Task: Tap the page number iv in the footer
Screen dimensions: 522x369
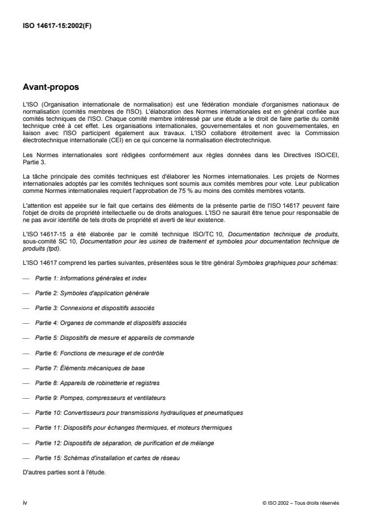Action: click(x=25, y=502)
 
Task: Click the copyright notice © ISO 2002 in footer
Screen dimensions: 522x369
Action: click(x=300, y=502)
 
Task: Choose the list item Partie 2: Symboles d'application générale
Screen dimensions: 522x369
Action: click(x=92, y=293)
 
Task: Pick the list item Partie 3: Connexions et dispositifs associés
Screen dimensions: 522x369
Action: click(x=94, y=308)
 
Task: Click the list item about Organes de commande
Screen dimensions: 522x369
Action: click(x=110, y=323)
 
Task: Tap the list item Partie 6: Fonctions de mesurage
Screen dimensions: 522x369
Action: click(x=99, y=353)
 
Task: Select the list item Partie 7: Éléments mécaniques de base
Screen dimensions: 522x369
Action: click(x=90, y=368)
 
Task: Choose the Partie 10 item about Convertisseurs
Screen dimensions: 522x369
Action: click(x=139, y=412)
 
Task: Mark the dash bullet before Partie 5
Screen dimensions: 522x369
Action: click(x=26, y=337)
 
